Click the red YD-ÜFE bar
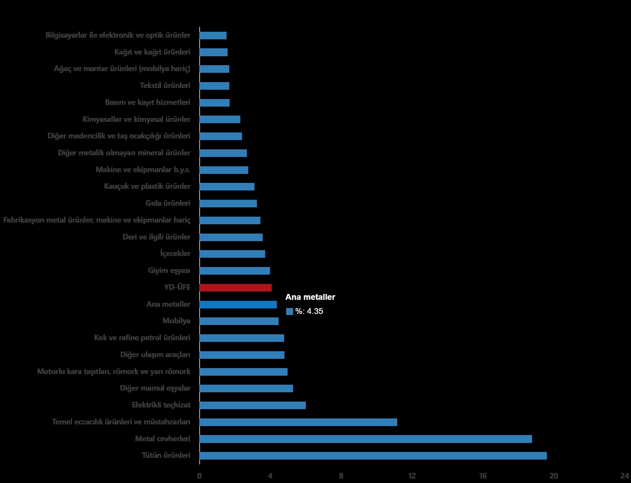pos(236,287)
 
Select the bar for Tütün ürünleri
pos(373,456)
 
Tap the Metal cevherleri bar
pos(365,439)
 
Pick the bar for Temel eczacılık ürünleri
pos(298,422)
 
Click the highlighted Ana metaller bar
pos(238,304)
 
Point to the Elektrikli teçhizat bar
pos(252,405)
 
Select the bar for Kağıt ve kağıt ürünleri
pos(213,52)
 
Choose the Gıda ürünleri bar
pos(228,203)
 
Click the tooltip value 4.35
pos(315,312)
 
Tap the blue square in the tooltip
pos(290,312)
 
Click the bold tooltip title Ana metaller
pos(310,297)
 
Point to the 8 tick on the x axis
pos(341,476)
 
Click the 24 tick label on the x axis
pos(624,476)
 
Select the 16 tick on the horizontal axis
pos(483,476)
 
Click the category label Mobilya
pos(177,321)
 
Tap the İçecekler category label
pos(175,254)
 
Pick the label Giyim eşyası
pos(169,270)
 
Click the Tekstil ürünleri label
pos(165,86)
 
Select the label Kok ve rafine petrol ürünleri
pos(142,337)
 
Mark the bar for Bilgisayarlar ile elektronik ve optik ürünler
pos(213,36)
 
